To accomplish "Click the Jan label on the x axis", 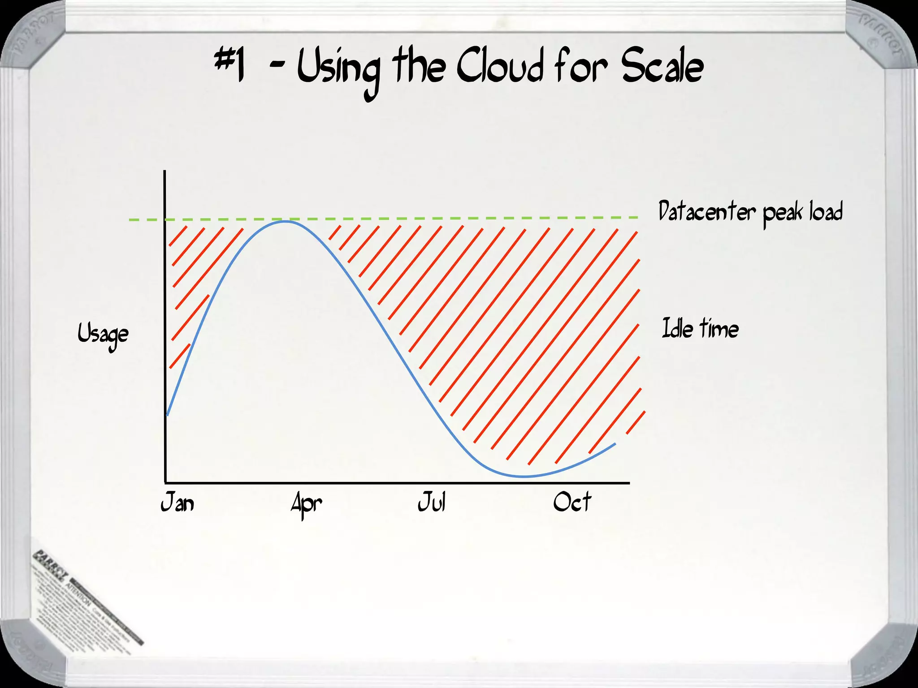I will coord(178,502).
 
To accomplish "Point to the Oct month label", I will coord(572,502).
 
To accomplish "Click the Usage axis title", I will coord(103,334).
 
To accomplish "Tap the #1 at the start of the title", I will coord(230,65).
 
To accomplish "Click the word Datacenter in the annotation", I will coord(707,211).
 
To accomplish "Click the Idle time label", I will coord(700,328).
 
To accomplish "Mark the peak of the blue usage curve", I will coord(285,221).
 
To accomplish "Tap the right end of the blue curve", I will coord(615,443).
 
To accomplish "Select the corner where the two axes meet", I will coord(165,483).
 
